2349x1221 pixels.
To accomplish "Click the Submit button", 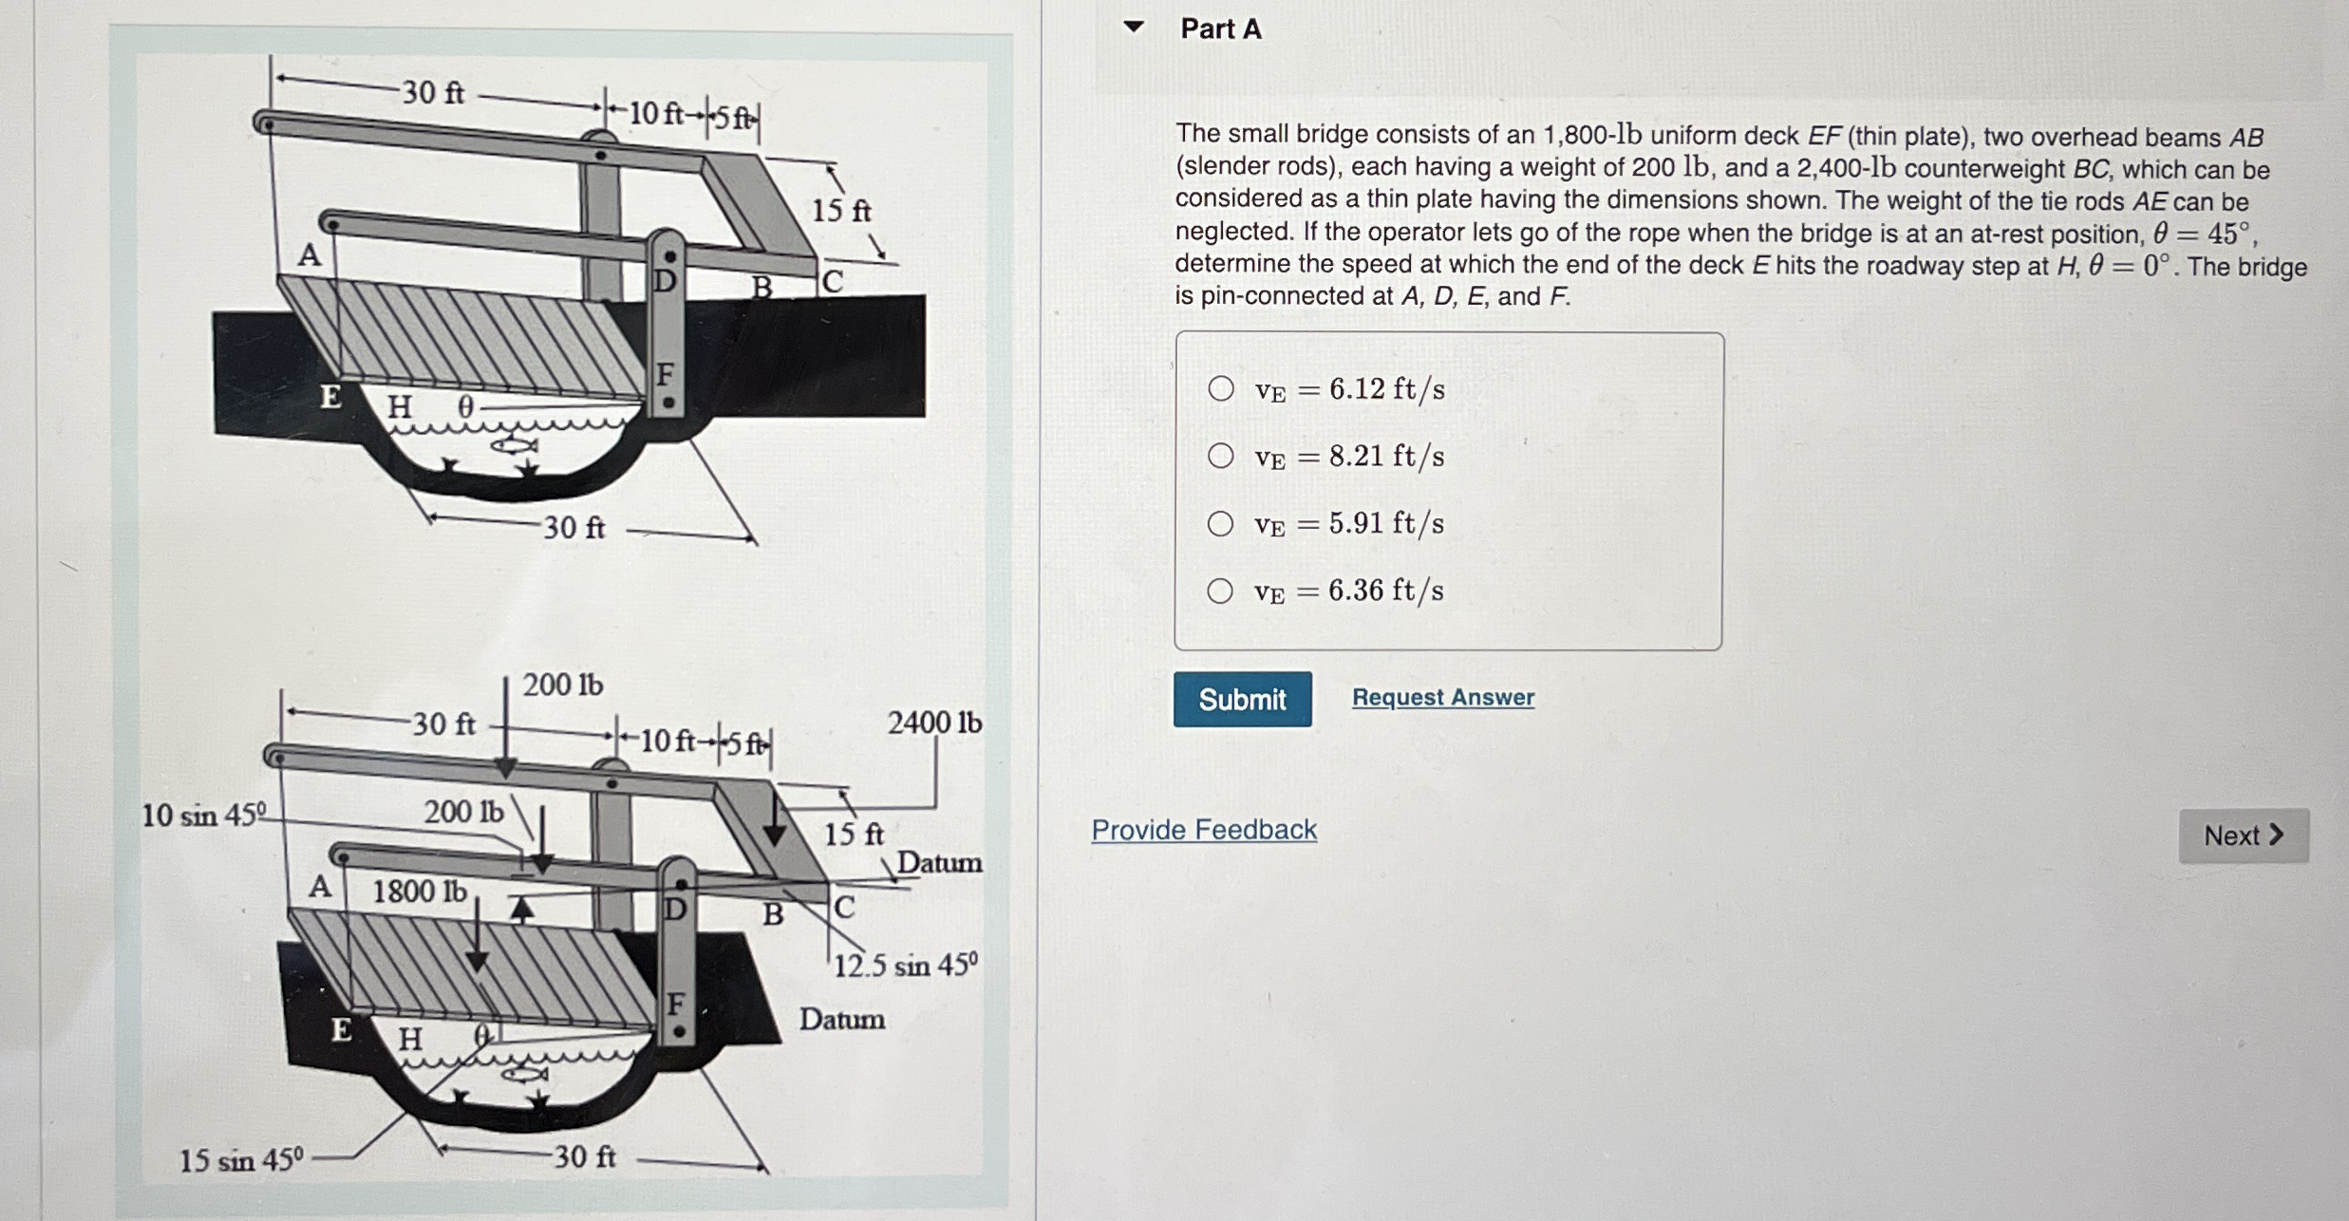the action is pos(1242,700).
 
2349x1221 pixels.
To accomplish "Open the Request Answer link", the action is pos(1442,697).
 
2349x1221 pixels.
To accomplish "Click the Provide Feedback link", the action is pos(1204,830).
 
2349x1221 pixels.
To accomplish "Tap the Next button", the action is pos(2244,836).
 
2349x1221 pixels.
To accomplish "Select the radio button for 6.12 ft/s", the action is pos(1221,388).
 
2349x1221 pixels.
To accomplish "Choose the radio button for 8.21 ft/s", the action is pos(1221,456).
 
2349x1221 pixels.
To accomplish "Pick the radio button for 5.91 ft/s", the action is pos(1221,523).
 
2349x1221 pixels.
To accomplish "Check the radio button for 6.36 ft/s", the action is pos(1221,591).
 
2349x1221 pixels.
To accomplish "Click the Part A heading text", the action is pos(1221,29).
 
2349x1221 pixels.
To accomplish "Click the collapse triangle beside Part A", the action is pos(1133,27).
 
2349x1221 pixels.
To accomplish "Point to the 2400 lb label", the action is pos(934,723).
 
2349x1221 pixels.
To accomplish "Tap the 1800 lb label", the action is pos(419,892).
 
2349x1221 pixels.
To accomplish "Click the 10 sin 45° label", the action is pos(203,815).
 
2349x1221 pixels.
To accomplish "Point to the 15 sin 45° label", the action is pos(241,1160).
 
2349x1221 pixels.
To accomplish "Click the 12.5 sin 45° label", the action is pos(906,965).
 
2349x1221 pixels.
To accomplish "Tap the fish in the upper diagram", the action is pos(514,444).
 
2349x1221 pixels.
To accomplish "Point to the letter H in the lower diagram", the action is pos(410,1040).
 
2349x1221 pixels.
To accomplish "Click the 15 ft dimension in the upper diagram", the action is pos(841,210).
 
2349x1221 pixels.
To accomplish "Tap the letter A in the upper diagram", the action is pos(310,255).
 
